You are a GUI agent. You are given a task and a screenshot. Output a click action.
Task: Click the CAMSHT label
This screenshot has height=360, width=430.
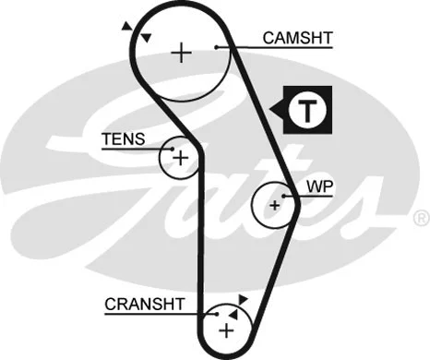(x=297, y=38)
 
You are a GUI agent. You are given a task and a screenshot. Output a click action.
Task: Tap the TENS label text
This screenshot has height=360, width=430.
(x=123, y=139)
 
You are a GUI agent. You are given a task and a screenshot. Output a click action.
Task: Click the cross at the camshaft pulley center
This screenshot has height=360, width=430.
(x=182, y=53)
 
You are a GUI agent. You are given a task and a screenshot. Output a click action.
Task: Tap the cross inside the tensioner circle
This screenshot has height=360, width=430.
(x=180, y=158)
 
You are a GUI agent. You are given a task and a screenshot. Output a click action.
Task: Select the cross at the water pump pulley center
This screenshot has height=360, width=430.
(x=274, y=203)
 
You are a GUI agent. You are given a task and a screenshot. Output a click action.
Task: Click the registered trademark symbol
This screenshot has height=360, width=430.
(x=420, y=219)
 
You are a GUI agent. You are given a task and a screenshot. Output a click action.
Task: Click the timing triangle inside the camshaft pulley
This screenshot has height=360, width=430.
(x=145, y=38)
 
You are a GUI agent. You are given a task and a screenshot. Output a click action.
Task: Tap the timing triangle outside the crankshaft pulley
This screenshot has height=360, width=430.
(x=243, y=299)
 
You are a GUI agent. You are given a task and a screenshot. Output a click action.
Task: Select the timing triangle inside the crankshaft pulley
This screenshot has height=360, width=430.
(x=234, y=314)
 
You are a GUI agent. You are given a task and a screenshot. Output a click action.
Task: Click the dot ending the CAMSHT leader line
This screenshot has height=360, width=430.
(x=215, y=47)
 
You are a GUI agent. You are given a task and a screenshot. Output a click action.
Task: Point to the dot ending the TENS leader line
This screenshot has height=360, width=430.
(x=171, y=148)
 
